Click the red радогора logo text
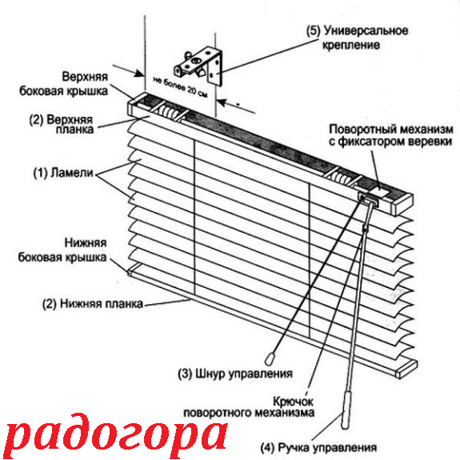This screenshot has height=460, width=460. [x=116, y=436]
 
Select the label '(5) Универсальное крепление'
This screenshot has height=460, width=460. [x=357, y=38]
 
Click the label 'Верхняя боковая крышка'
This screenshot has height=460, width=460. [x=64, y=84]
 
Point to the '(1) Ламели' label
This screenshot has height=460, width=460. [x=63, y=173]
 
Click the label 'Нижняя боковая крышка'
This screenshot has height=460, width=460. [x=62, y=250]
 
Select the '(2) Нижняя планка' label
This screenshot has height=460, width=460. [x=93, y=304]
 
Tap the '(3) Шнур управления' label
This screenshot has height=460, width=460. [x=235, y=374]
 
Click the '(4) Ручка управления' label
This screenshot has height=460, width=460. [x=318, y=448]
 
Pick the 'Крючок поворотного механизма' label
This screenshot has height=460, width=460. [x=249, y=407]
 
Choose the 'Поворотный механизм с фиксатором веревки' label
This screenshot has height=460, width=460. [x=391, y=135]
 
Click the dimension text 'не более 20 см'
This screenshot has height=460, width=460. [x=181, y=87]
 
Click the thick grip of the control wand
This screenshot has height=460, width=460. [x=346, y=410]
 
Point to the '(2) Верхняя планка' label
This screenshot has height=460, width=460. [x=61, y=124]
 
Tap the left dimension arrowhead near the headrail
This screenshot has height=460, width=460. [x=138, y=74]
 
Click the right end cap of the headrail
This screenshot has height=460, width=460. [x=402, y=205]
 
